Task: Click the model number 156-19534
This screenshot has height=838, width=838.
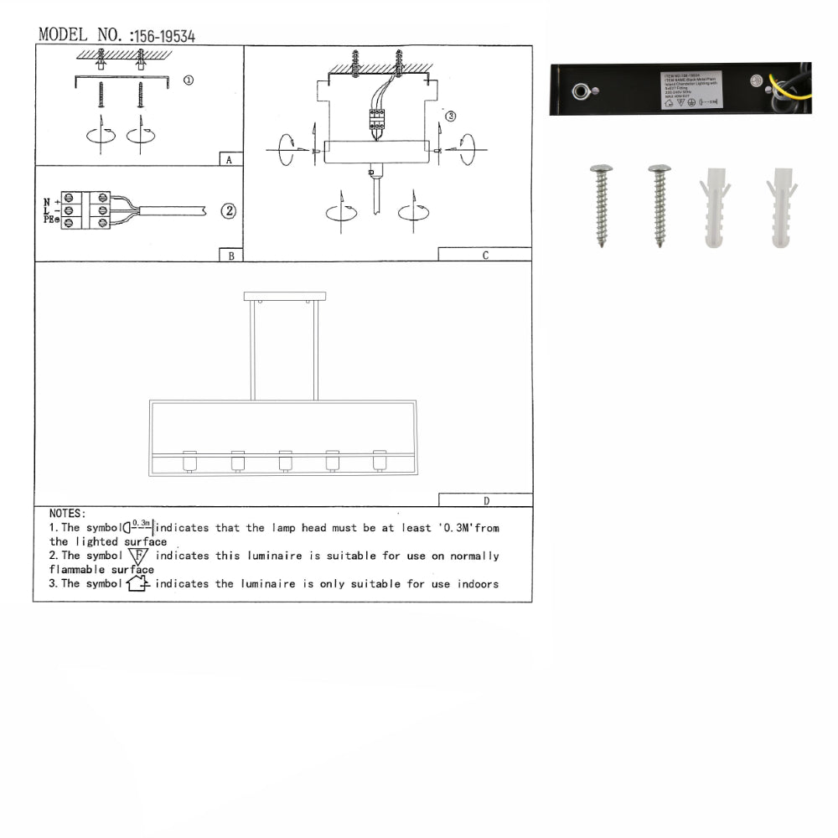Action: (165, 36)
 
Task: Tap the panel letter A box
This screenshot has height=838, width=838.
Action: (229, 159)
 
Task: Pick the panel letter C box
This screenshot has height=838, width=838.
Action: (484, 256)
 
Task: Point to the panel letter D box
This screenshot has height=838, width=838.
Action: (485, 500)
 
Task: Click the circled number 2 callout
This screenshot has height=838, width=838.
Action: (228, 211)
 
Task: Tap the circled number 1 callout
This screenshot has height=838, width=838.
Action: (188, 80)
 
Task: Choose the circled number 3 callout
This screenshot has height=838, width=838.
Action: (450, 116)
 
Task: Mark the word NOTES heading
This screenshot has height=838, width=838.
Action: (67, 513)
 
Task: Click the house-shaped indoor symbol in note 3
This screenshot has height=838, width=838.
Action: (138, 583)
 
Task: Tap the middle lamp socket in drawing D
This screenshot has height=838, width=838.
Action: (285, 461)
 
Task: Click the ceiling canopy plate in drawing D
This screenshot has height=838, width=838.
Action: (285, 297)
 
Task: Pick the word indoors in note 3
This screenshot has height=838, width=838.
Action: (478, 583)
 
